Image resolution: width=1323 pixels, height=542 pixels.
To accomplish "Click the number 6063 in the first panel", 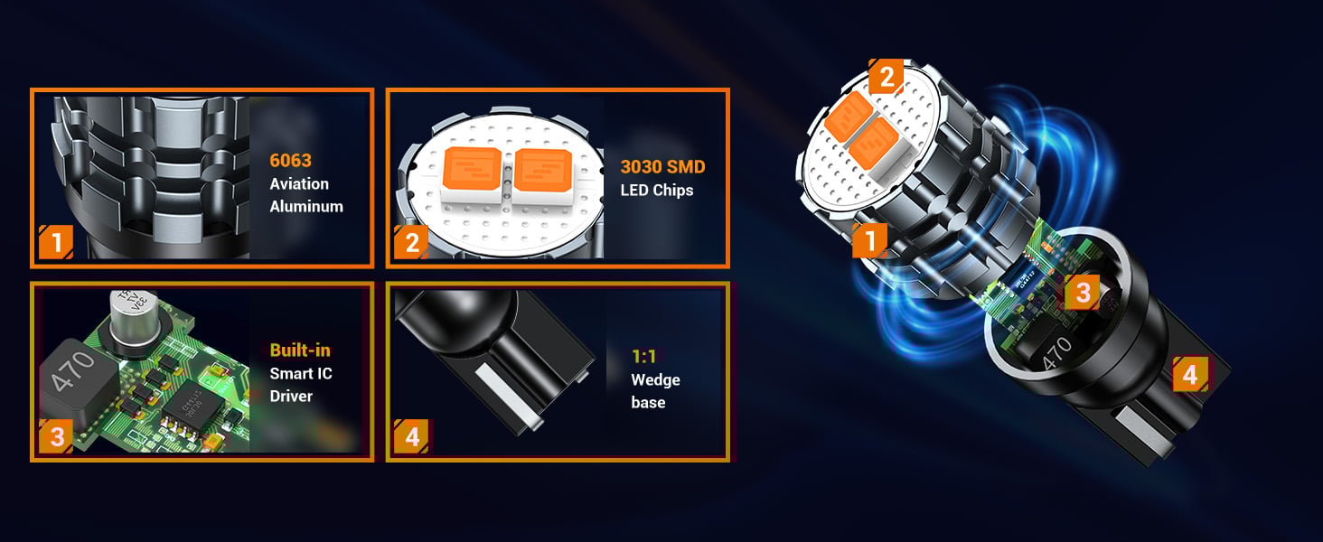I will (x=290, y=161).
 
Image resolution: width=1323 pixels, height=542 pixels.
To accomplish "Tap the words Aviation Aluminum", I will (x=306, y=195).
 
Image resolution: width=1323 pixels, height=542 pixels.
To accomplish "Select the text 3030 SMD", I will (x=662, y=167).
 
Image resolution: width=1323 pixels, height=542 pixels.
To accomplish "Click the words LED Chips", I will (x=657, y=190).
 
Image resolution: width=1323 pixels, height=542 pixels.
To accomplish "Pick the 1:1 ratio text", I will (x=643, y=358).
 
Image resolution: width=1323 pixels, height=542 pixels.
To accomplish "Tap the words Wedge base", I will (x=655, y=391).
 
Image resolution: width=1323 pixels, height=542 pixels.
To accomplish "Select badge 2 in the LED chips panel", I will (x=412, y=243).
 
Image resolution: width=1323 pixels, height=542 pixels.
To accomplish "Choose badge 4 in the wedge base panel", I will (x=412, y=438).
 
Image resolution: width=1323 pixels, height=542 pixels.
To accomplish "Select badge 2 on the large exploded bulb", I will (x=886, y=77).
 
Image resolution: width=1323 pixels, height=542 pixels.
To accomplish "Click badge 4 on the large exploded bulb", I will (x=1190, y=374).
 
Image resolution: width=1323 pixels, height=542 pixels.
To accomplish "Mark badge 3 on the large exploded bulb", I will (x=1083, y=292).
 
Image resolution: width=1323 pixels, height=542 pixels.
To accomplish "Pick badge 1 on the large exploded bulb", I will (x=870, y=241).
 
